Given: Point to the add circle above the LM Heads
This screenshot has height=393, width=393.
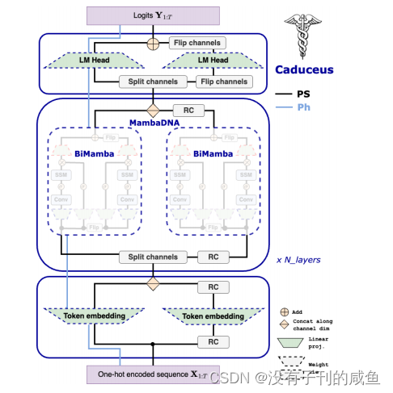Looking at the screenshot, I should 152,43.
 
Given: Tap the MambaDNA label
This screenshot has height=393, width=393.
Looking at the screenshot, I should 153,123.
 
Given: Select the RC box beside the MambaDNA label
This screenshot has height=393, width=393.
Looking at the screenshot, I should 183,110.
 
